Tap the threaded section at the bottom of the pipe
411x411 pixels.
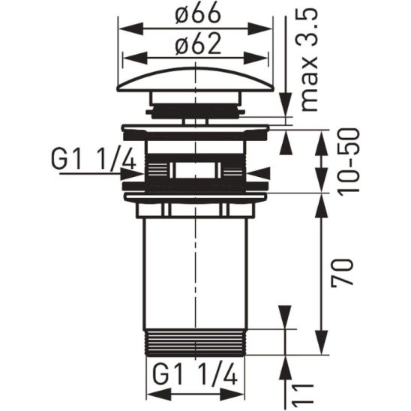pyautogui.click(x=196, y=340)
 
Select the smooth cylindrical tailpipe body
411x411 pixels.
pyautogui.click(x=196, y=270)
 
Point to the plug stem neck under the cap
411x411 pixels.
pyautogui.click(x=196, y=110)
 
